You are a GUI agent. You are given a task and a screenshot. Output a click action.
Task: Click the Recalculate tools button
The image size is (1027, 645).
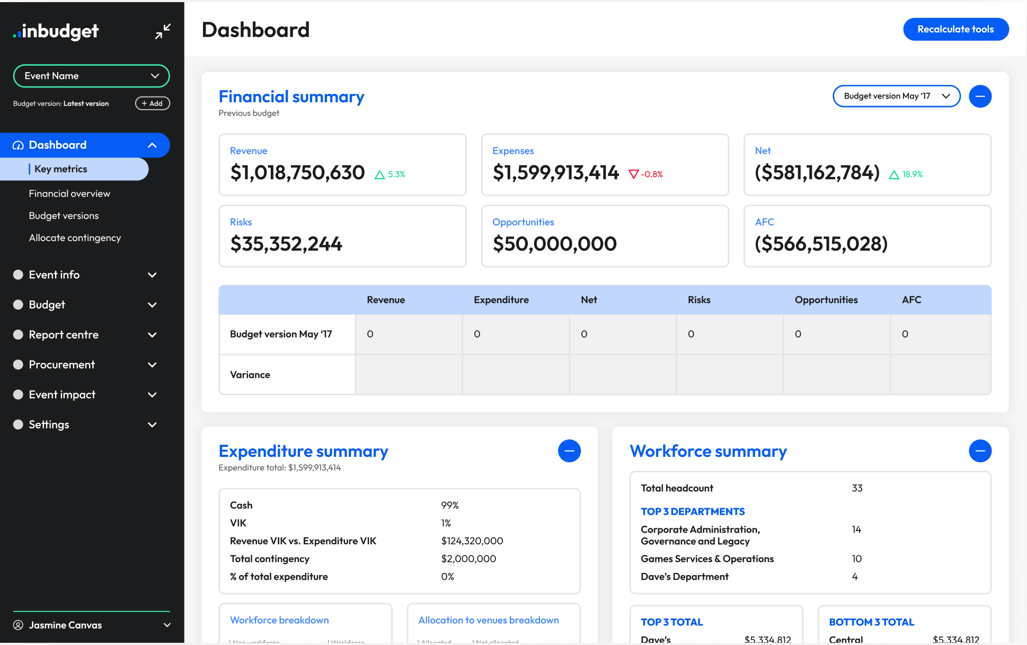[x=955, y=29]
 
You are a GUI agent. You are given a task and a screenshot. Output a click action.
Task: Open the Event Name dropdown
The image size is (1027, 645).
[x=91, y=76]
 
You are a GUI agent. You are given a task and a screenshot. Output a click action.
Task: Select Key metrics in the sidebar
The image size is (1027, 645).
[x=61, y=169]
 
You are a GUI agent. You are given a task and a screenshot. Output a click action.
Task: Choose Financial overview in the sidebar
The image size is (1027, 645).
[x=69, y=193]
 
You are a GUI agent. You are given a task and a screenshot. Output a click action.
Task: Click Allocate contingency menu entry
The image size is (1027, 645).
[x=75, y=238]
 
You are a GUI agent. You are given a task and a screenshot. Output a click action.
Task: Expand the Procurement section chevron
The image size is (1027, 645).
[x=152, y=365]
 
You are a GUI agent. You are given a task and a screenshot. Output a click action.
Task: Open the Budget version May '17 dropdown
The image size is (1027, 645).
[x=896, y=96]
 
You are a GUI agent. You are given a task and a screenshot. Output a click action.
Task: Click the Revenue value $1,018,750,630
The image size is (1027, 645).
[x=297, y=173]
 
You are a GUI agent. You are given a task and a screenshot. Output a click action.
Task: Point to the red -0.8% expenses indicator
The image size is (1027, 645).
[x=645, y=174]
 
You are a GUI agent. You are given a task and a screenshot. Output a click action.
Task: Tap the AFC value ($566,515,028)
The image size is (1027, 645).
[x=821, y=244]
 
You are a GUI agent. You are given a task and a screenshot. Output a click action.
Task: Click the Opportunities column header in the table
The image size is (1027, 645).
[x=826, y=300]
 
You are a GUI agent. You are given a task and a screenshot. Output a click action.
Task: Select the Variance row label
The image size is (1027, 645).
[x=250, y=375]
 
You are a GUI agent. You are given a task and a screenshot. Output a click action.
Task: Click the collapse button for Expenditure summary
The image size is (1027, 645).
[x=569, y=451]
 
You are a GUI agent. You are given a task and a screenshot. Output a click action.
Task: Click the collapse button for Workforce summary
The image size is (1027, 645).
[x=980, y=451]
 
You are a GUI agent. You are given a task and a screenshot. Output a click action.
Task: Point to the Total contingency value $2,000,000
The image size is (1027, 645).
[x=468, y=559]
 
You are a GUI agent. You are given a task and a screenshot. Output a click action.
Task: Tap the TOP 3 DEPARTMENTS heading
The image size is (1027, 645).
[x=692, y=511]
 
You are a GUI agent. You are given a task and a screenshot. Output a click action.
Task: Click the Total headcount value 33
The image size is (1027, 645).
[x=857, y=488]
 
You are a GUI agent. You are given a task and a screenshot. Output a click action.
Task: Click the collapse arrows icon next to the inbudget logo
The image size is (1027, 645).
[x=163, y=31]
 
